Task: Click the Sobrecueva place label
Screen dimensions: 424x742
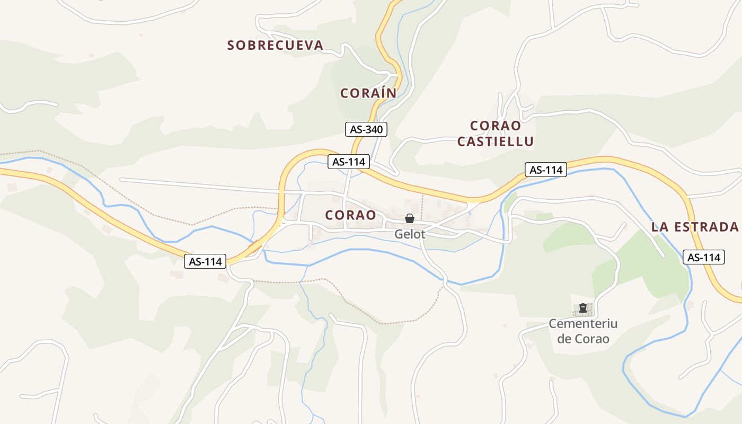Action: pyautogui.click(x=275, y=46)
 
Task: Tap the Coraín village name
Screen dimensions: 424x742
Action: pyautogui.click(x=368, y=93)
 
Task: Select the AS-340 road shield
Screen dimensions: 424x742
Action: pyautogui.click(x=366, y=129)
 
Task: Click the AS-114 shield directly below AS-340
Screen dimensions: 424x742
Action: pyautogui.click(x=348, y=162)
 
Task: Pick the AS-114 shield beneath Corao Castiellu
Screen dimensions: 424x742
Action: pyautogui.click(x=546, y=170)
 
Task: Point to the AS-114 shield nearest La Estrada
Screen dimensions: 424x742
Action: pyautogui.click(x=703, y=257)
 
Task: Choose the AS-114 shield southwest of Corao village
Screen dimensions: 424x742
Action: pyautogui.click(x=205, y=261)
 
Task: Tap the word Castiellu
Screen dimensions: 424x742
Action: pyautogui.click(x=496, y=142)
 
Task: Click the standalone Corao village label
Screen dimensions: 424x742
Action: pyautogui.click(x=351, y=215)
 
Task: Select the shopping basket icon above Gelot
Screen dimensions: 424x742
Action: pyautogui.click(x=410, y=218)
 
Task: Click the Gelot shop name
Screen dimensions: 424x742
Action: pyautogui.click(x=410, y=234)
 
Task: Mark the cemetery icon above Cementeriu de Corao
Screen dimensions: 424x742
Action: pyautogui.click(x=583, y=308)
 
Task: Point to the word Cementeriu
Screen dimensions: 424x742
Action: pyautogui.click(x=583, y=323)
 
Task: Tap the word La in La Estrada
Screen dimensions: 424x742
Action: pyautogui.click(x=659, y=227)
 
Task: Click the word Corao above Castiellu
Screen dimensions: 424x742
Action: pyautogui.click(x=496, y=126)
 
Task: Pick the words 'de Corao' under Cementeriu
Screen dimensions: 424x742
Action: pyautogui.click(x=583, y=339)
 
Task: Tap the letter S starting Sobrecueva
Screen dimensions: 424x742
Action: pyautogui.click(x=231, y=46)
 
